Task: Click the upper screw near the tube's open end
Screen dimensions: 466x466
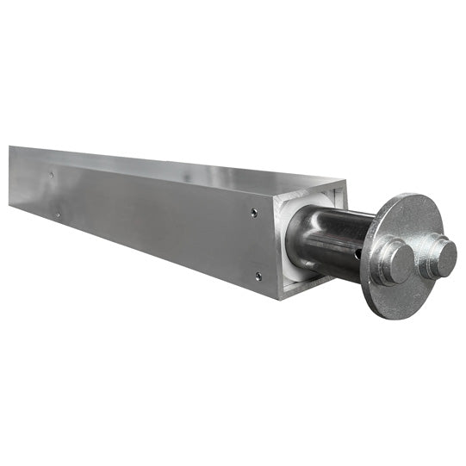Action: click(x=253, y=211)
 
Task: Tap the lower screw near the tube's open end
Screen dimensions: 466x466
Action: click(x=258, y=276)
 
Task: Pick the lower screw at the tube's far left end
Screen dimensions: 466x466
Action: click(x=57, y=214)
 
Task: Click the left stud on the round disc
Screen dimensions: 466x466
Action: click(x=393, y=261)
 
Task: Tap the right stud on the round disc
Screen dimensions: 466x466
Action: click(x=440, y=256)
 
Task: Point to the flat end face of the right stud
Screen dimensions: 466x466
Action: click(x=446, y=256)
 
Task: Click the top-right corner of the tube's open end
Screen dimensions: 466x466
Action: click(x=346, y=181)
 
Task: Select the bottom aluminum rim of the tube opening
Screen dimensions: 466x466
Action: click(x=306, y=287)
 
